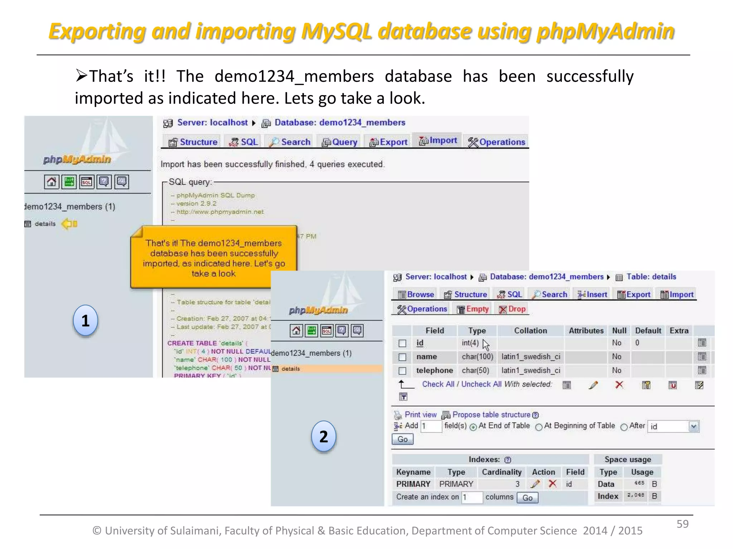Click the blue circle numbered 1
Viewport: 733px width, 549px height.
tap(85, 321)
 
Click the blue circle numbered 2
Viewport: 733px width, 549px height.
tap(324, 436)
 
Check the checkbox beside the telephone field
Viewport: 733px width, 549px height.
tap(402, 371)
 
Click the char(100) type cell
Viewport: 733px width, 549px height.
tap(477, 357)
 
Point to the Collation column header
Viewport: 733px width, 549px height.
tap(530, 331)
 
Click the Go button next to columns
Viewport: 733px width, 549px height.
tap(527, 498)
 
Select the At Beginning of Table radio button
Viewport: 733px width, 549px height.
tap(539, 427)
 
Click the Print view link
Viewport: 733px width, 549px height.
tap(420, 415)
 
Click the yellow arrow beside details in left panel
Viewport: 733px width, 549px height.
tap(69, 224)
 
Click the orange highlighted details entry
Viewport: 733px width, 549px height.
tap(291, 369)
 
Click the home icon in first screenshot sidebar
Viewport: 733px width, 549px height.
tap(51, 182)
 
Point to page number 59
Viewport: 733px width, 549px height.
tap(682, 524)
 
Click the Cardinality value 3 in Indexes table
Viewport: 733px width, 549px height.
tap(517, 484)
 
